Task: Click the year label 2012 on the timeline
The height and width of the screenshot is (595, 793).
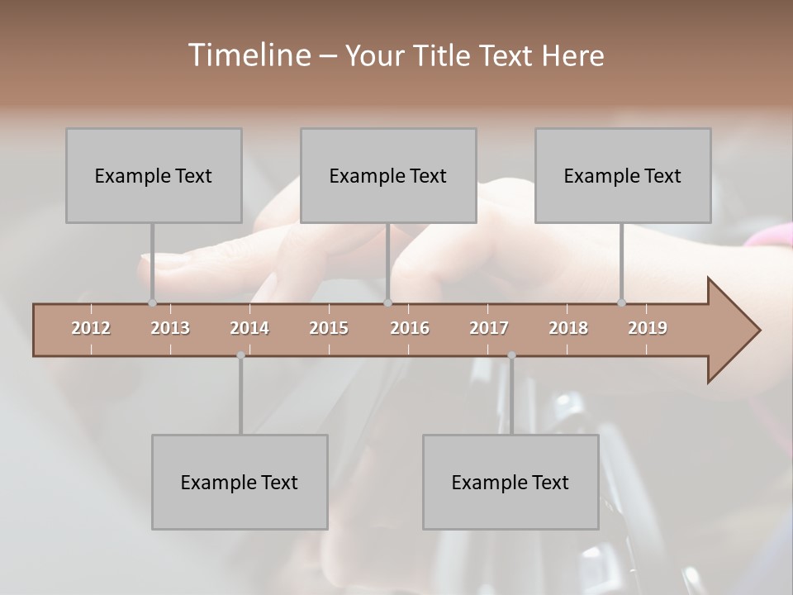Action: pos(91,328)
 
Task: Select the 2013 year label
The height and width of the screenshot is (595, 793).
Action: pos(170,328)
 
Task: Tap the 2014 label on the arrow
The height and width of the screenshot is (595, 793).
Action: pos(249,328)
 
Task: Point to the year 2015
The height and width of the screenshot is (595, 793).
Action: pos(329,328)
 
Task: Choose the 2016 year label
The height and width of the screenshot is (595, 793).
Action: pos(410,328)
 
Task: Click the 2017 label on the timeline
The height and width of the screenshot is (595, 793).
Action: pos(489,328)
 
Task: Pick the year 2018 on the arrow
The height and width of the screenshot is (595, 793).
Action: pos(568,328)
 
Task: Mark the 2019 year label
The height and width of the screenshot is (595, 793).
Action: pos(648,328)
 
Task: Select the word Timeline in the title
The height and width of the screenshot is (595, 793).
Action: pos(247,55)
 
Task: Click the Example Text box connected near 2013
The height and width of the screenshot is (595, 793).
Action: pos(154,175)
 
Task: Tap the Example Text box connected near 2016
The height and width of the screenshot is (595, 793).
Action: pos(388,175)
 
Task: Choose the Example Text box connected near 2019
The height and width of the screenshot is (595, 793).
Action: pos(623,175)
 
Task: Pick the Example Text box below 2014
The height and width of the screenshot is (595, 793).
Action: pos(240,482)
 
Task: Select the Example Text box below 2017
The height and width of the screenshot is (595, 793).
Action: pos(510,482)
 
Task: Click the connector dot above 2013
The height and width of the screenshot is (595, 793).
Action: pos(152,302)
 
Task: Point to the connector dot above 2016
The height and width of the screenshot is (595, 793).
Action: pos(388,302)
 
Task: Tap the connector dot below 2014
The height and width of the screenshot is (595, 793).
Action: pos(240,355)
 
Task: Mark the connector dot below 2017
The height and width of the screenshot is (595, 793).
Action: pos(511,355)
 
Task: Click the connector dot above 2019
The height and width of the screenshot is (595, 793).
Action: pos(622,302)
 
